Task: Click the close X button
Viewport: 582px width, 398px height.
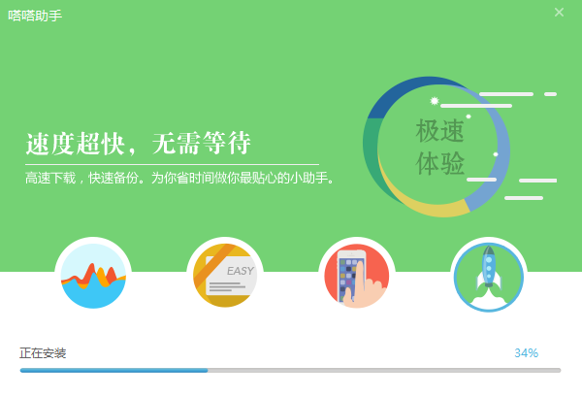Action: point(559,13)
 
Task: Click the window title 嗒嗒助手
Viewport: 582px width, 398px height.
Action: point(35,16)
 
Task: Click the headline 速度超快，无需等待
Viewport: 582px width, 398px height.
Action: point(138,145)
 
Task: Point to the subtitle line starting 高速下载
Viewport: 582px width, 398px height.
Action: point(179,179)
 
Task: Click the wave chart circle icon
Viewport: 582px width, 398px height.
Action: point(93,276)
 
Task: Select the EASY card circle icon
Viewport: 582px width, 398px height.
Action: point(225,276)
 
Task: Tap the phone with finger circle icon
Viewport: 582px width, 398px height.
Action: point(357,276)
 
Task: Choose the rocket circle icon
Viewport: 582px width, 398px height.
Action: point(489,276)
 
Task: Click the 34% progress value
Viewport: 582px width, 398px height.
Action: point(526,352)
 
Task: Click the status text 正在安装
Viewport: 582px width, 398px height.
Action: point(43,352)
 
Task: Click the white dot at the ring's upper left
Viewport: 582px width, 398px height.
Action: point(435,101)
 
